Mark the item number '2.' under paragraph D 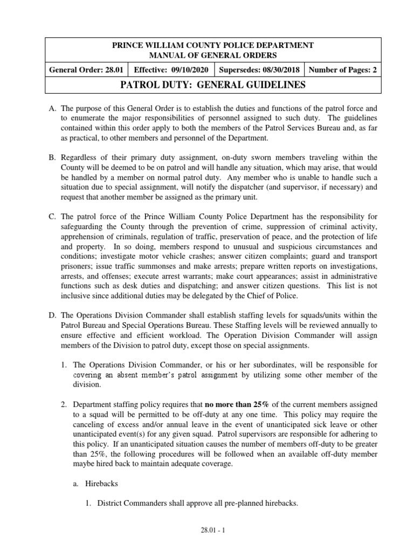(x=64, y=404)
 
